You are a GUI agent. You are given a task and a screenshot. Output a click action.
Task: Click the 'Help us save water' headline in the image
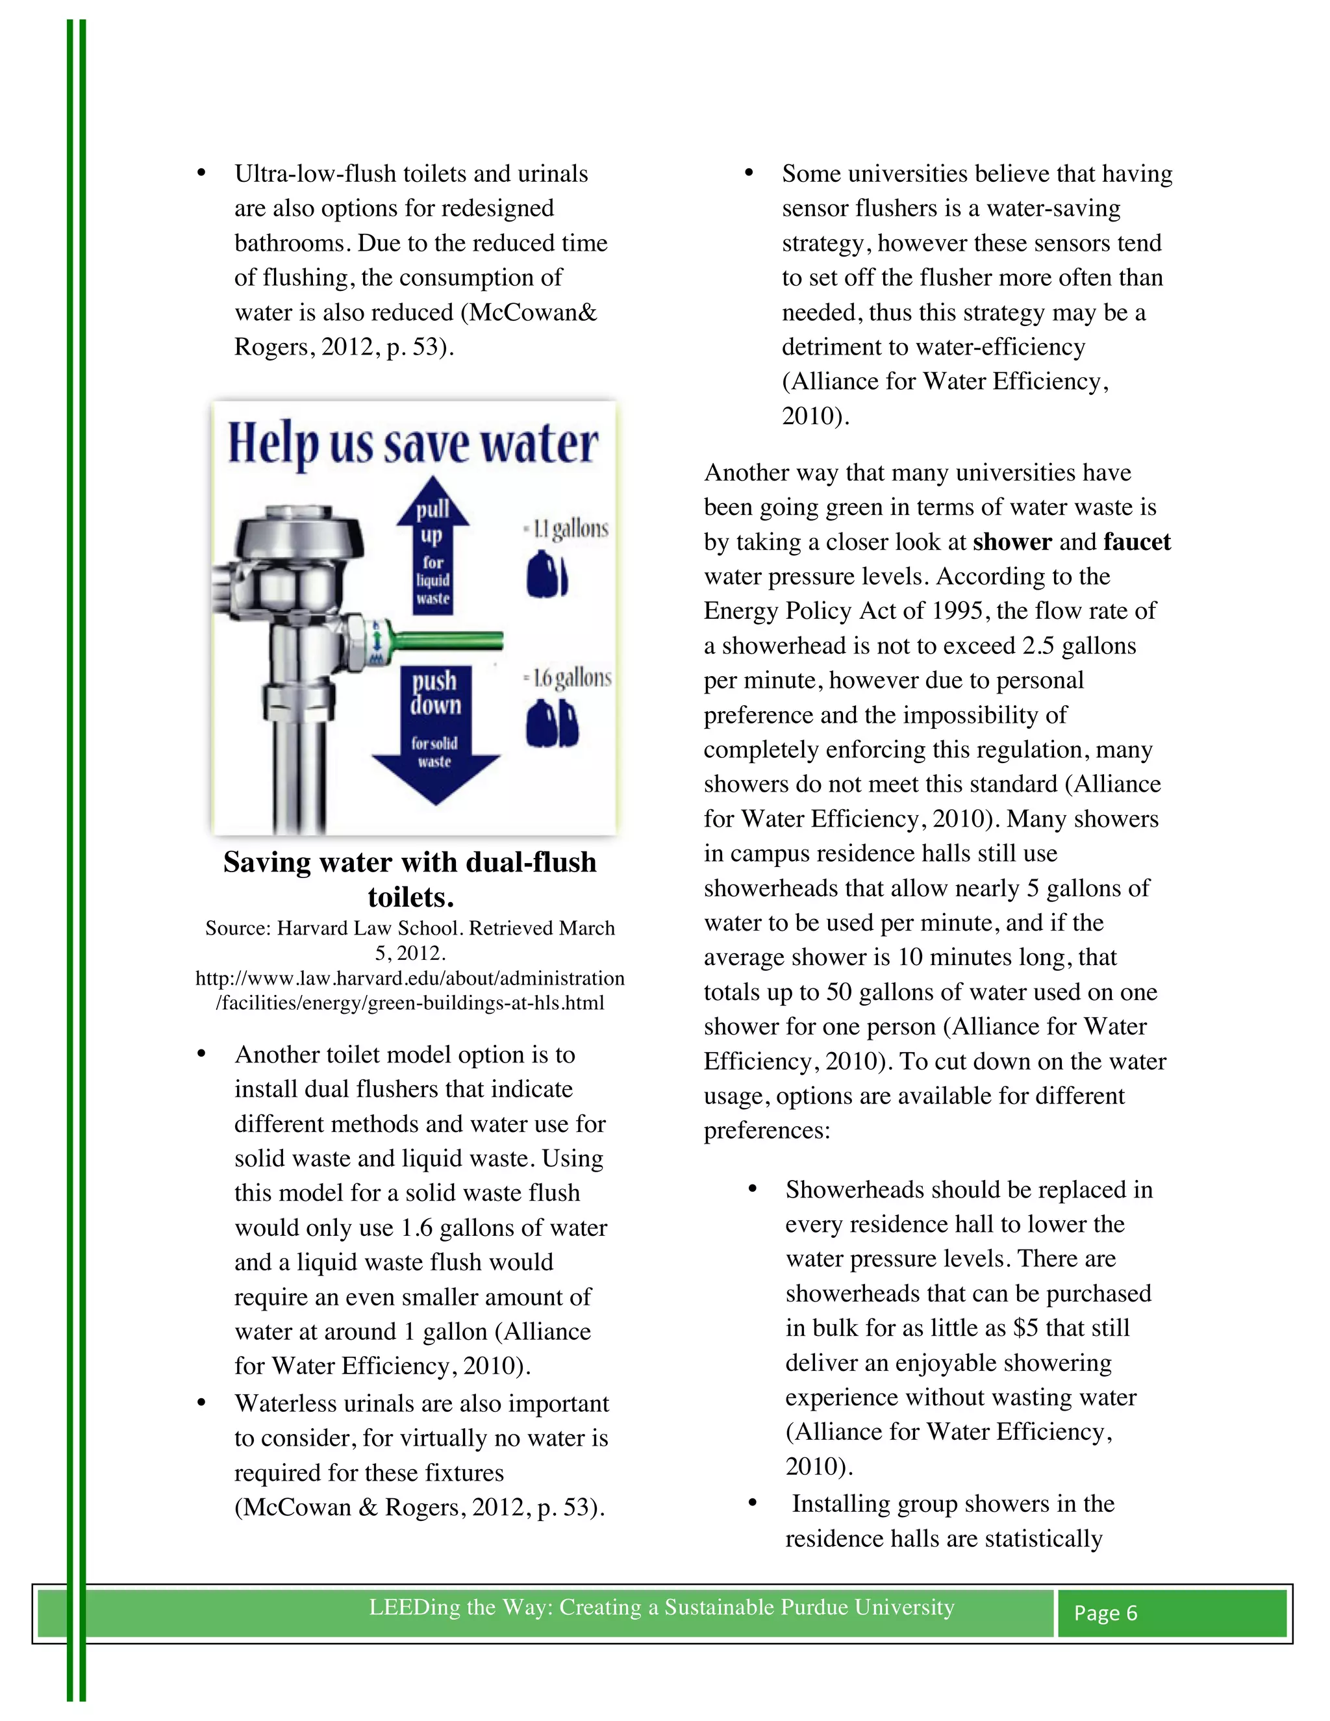(413, 444)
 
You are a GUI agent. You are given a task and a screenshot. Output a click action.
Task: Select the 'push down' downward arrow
(435, 733)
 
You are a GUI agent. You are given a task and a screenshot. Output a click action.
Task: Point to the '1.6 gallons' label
(568, 677)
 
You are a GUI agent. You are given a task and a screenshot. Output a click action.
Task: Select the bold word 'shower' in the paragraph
(1012, 542)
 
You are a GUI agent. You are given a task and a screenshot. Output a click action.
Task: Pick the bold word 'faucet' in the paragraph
(1136, 542)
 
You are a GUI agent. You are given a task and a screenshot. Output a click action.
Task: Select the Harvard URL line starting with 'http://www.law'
(410, 979)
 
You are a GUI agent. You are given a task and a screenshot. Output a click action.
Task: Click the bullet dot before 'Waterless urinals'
(202, 1403)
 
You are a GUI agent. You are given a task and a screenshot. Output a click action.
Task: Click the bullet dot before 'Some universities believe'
(749, 174)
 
